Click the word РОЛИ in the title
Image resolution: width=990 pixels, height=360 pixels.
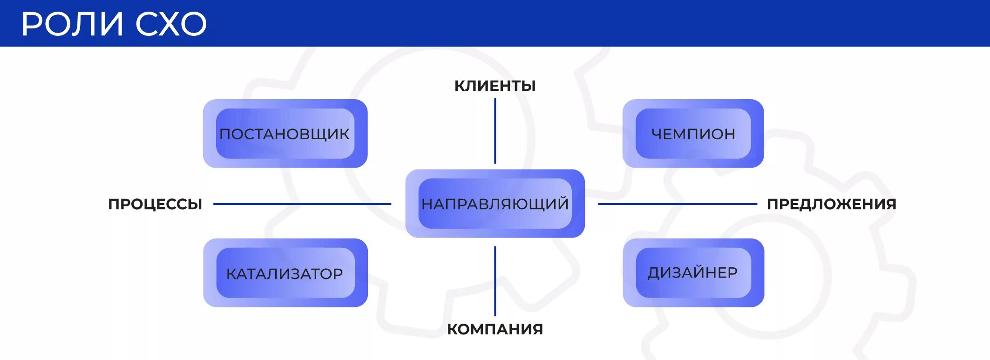73,24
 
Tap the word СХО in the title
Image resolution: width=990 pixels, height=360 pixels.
171,24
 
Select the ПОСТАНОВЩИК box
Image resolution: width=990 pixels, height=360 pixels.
285,134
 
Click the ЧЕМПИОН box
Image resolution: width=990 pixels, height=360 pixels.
693,134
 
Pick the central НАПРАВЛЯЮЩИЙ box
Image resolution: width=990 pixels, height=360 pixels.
495,204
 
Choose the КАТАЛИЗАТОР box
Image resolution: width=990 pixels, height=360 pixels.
285,273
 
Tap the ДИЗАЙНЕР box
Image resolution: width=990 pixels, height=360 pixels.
693,272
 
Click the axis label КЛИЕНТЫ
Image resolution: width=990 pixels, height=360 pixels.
495,86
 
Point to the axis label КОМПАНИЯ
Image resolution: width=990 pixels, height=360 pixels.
495,329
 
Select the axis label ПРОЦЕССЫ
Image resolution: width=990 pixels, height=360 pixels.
155,204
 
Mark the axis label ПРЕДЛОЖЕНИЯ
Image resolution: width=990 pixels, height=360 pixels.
832,204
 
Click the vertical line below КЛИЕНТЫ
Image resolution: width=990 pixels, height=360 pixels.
495,131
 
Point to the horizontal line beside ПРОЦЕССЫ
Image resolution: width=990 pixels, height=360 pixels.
302,204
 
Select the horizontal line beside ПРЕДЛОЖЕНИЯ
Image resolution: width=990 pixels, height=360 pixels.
677,204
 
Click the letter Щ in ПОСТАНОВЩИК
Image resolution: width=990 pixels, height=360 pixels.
321,135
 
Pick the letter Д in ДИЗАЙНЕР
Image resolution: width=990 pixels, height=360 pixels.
654,273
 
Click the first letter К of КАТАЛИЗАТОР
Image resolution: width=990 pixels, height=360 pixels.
231,274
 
